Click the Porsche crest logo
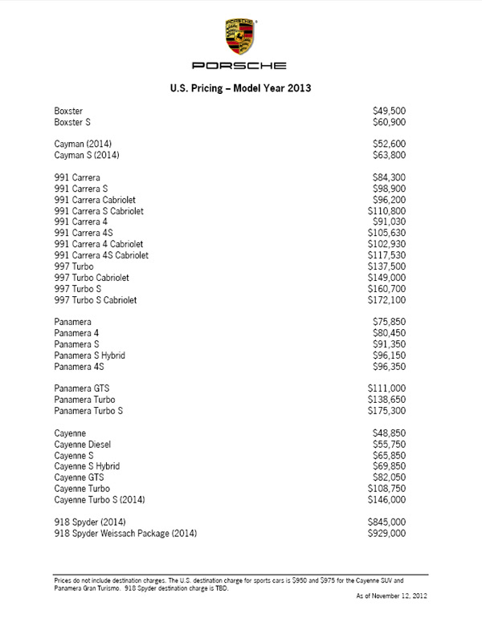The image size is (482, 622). pyautogui.click(x=241, y=32)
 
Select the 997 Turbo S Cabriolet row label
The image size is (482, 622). pyautogui.click(x=96, y=300)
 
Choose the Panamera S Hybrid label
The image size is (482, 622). pyautogui.click(x=90, y=355)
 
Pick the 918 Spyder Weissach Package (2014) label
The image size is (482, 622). pyautogui.click(x=125, y=533)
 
